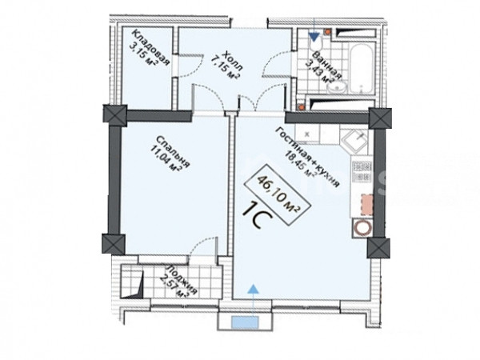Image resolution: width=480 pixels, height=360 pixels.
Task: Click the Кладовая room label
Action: (x=151, y=47)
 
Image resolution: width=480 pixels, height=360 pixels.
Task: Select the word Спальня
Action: (x=174, y=152)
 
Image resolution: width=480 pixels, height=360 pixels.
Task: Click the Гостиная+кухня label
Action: (x=308, y=157)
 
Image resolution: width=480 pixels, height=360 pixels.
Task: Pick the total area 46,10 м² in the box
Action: (x=278, y=194)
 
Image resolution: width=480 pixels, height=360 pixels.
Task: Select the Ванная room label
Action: (x=327, y=66)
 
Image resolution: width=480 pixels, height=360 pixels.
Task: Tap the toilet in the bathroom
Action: (x=316, y=43)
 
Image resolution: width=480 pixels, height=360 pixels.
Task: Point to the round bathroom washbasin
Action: (x=337, y=88)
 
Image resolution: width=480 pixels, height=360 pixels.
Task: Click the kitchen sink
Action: (x=355, y=141)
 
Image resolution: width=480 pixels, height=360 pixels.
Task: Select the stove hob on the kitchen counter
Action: (x=362, y=171)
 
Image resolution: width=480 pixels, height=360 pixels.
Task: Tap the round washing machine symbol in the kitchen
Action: (x=362, y=228)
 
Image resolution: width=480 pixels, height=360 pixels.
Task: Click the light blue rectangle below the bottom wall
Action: (x=245, y=322)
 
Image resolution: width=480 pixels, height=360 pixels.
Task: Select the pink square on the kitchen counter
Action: (x=367, y=205)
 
